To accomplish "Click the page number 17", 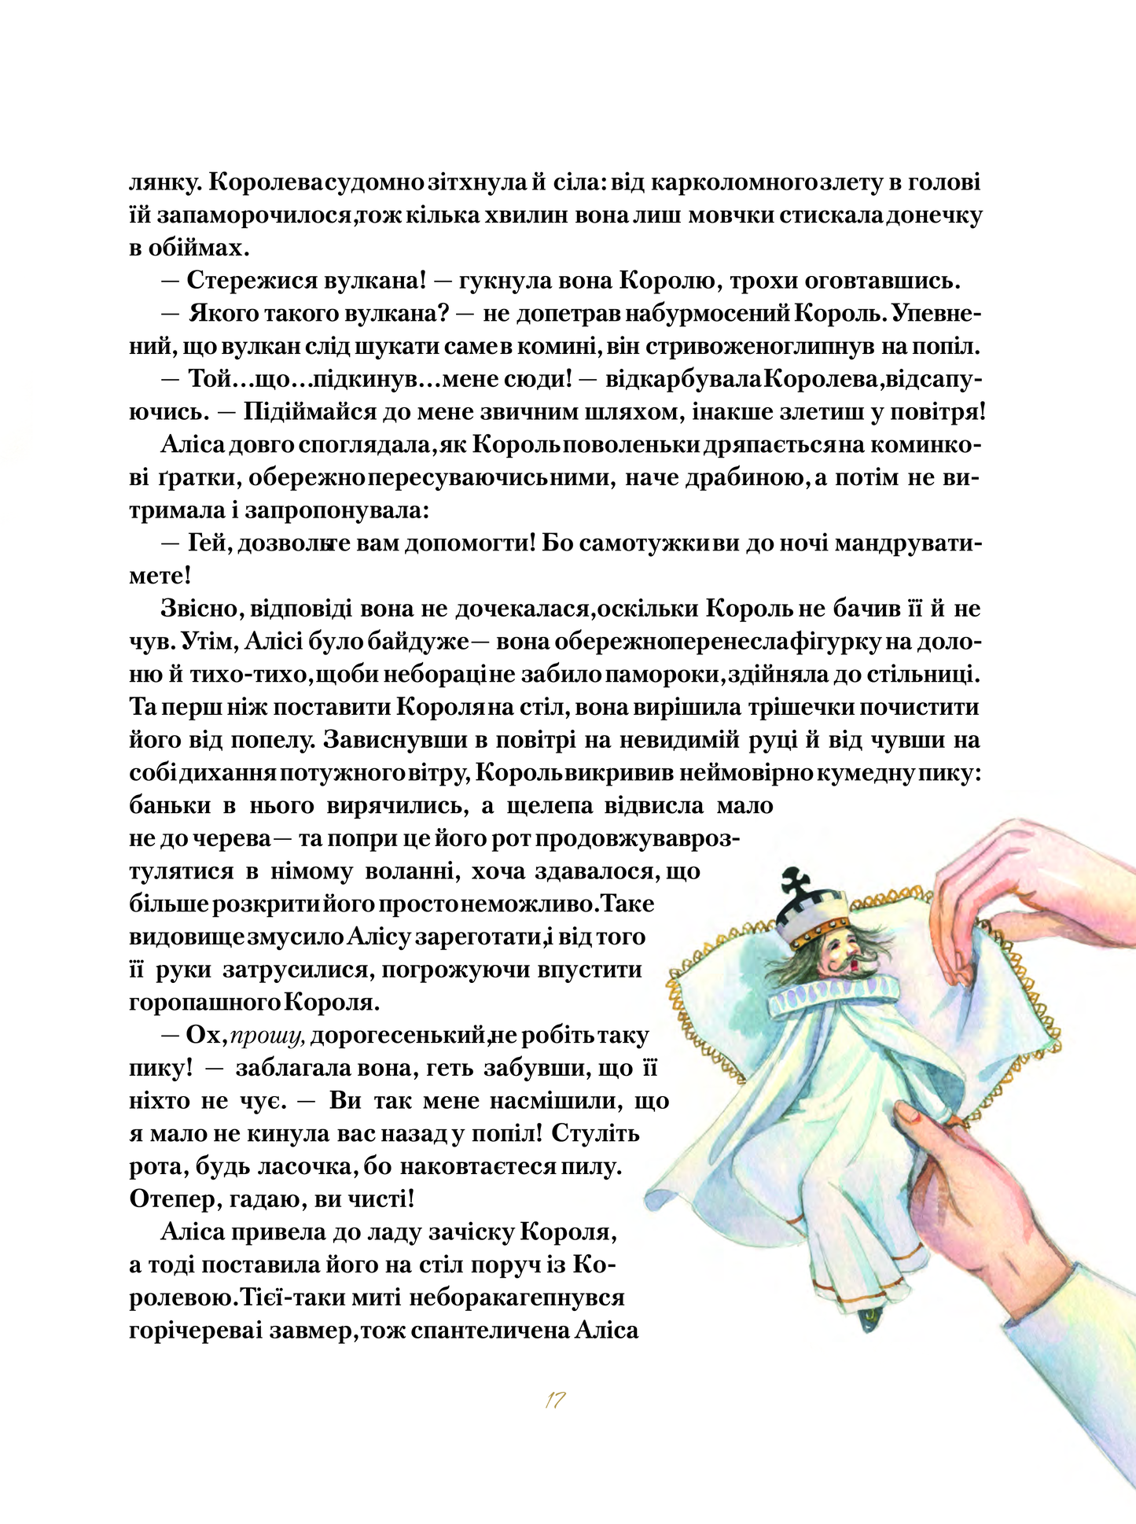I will click(x=555, y=1401).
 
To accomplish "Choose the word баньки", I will click(x=170, y=806).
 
